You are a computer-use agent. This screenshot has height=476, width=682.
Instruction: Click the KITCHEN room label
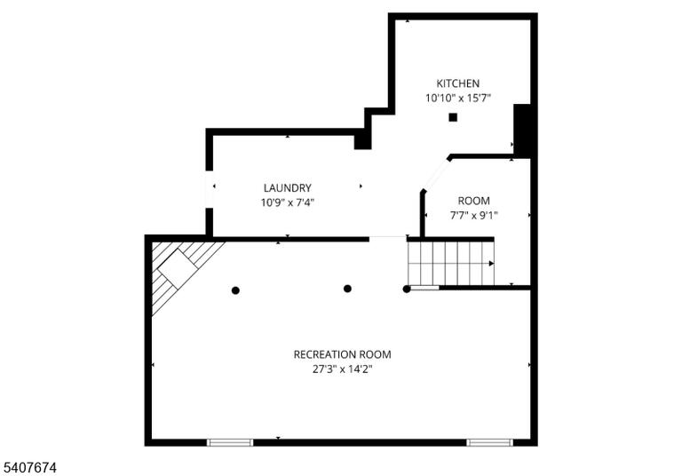click(457, 83)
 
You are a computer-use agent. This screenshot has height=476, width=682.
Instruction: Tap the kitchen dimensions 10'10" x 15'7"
click(457, 98)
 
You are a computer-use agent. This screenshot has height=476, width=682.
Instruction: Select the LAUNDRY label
click(287, 188)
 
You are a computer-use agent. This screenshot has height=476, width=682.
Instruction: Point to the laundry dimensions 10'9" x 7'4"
click(287, 202)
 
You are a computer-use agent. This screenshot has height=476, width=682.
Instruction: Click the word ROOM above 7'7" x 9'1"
click(473, 201)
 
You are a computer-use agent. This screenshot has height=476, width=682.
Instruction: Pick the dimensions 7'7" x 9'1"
click(473, 216)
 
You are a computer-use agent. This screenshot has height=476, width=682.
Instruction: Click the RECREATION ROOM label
click(342, 354)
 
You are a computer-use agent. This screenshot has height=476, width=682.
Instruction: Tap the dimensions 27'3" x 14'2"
click(342, 369)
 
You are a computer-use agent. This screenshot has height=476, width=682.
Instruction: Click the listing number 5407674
click(29, 468)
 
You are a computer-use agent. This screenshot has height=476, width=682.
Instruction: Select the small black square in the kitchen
click(453, 117)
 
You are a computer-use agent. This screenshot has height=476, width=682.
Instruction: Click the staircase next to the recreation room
click(450, 263)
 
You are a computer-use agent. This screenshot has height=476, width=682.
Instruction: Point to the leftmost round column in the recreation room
click(235, 290)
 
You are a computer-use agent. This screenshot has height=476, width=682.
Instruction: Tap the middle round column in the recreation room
click(347, 289)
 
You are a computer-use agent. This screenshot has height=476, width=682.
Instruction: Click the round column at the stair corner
click(407, 289)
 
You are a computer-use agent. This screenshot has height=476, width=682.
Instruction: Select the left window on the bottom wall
click(230, 442)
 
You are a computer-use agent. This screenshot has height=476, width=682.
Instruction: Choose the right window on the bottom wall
click(490, 442)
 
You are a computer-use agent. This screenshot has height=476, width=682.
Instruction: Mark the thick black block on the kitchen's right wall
click(522, 131)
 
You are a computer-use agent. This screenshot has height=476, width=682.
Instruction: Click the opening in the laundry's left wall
click(210, 189)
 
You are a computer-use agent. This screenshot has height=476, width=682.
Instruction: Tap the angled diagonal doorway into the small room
click(436, 175)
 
